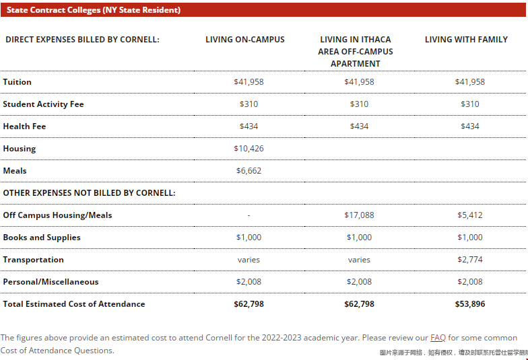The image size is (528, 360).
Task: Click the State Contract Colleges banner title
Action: click(94, 10)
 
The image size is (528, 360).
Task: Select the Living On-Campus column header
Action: click(245, 39)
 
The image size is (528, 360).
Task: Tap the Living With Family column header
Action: click(466, 39)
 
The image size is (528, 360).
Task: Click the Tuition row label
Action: click(18, 82)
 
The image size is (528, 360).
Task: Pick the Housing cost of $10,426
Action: click(249, 149)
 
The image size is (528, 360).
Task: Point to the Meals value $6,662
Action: click(249, 171)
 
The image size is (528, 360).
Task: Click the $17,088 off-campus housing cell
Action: click(359, 215)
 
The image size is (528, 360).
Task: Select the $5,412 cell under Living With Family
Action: click(470, 215)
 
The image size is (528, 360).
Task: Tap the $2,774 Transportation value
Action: click(470, 260)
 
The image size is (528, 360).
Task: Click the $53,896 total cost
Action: click(470, 304)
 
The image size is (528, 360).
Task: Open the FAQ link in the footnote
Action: click(438, 338)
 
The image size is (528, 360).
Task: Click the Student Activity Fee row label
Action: click(43, 104)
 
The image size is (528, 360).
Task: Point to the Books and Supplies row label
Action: click(42, 238)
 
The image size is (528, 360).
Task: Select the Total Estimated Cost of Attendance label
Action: click(74, 304)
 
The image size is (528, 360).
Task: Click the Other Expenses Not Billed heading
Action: click(89, 193)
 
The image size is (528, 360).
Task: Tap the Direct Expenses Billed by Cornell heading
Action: click(82, 39)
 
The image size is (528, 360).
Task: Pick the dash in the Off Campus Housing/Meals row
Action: click(249, 215)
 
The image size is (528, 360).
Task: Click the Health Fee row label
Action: click(24, 127)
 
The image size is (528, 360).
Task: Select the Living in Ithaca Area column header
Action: click(356, 51)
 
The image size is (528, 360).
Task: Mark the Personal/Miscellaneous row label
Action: click(51, 282)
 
